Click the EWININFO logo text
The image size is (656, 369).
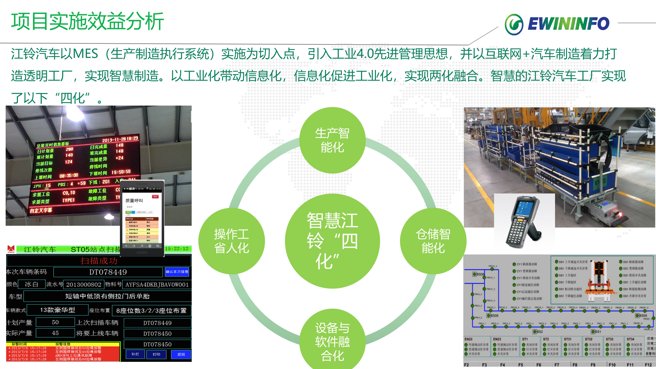click(x=568, y=24)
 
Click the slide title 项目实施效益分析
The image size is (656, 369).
click(x=87, y=22)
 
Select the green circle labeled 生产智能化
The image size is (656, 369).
click(x=332, y=140)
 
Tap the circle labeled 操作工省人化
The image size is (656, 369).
click(x=231, y=241)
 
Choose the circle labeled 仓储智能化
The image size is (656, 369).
click(x=433, y=241)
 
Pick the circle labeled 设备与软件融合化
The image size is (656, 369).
click(x=332, y=341)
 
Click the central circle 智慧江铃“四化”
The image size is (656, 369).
click(x=332, y=241)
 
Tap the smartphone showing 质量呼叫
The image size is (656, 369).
click(x=142, y=218)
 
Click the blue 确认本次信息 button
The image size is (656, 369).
click(x=177, y=272)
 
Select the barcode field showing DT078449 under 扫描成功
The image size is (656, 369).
click(x=108, y=272)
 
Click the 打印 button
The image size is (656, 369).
click(x=156, y=354)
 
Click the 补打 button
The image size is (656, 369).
click(x=135, y=354)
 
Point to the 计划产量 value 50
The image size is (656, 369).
click(x=55, y=322)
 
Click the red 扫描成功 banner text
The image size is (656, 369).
click(x=99, y=261)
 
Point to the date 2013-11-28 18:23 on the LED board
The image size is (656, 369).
click(x=120, y=139)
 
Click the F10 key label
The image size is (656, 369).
click(x=612, y=365)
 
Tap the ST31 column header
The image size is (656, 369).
click(x=568, y=339)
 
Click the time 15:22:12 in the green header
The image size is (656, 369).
click(x=177, y=249)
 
